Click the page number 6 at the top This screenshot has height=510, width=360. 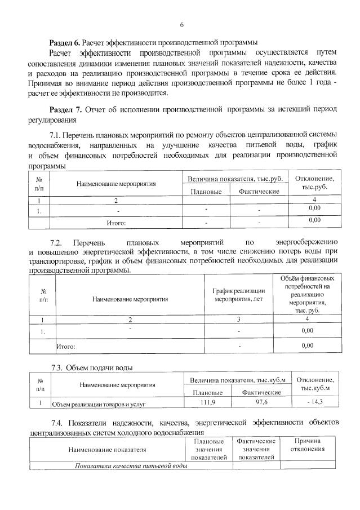click(182, 25)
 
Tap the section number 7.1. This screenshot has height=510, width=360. click(57, 135)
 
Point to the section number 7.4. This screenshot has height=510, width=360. click(57, 423)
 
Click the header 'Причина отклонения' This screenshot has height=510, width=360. click(307, 445)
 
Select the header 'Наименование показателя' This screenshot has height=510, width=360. click(106, 450)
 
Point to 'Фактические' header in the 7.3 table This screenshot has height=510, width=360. click(261, 392)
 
